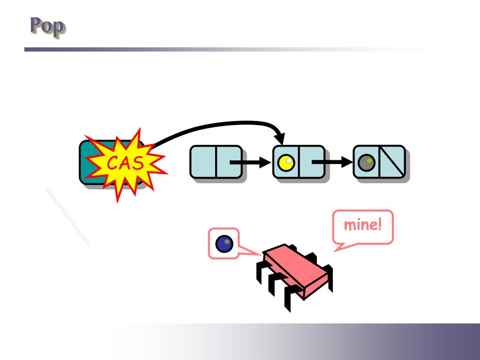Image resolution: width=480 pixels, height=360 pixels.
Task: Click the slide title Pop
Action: [47, 27]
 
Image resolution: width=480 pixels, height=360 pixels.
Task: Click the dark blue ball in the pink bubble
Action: [224, 243]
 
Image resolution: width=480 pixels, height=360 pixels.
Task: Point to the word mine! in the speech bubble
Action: [362, 225]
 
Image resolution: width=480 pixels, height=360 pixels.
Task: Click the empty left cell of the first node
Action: [203, 162]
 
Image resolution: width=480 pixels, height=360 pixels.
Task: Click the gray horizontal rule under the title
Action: [187, 49]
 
